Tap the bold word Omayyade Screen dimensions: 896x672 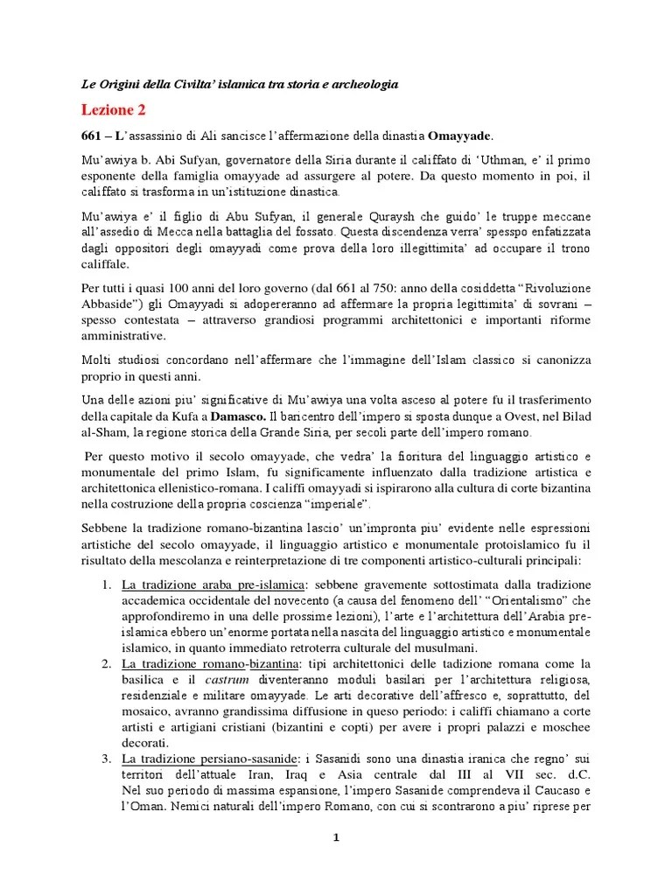[x=460, y=136]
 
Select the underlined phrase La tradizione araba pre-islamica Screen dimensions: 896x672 [x=213, y=584]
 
